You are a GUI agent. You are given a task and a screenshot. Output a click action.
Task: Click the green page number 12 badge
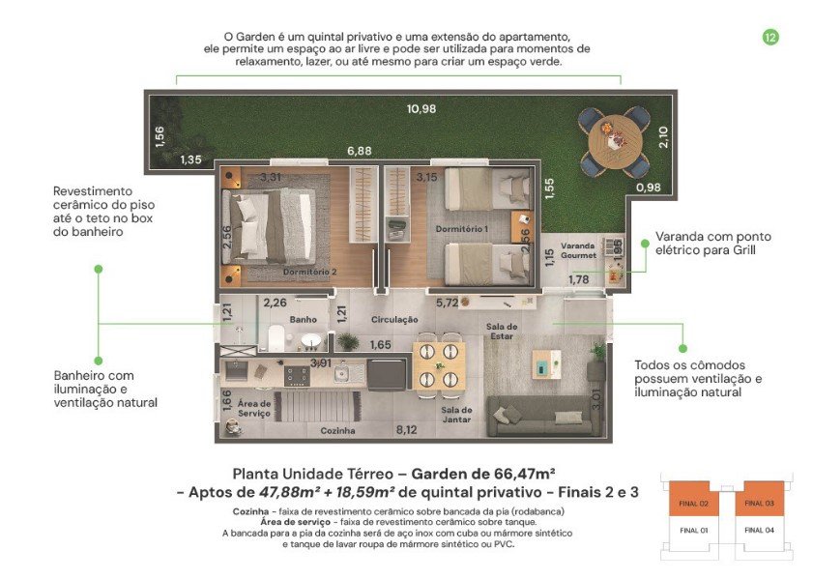point(770,37)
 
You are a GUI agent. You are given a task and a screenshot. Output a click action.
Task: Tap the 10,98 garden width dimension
point(422,108)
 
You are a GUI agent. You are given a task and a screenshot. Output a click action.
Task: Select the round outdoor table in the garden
point(613,139)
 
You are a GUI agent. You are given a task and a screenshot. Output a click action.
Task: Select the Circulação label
point(394,319)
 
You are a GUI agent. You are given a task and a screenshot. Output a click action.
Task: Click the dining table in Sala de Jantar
point(439,364)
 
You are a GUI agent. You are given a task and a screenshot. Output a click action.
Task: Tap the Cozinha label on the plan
point(338,430)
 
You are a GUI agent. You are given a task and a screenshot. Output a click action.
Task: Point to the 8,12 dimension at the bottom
point(406,430)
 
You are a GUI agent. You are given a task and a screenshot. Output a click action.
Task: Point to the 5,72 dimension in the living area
point(446,303)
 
